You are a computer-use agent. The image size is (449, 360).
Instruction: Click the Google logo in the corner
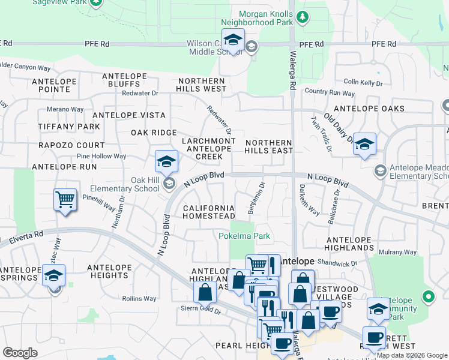tap(20, 353)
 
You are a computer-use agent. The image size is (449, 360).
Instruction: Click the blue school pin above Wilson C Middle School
tap(233, 40)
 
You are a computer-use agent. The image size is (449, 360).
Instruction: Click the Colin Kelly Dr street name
tap(363, 82)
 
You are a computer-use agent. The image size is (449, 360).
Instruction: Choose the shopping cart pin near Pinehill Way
tap(65, 200)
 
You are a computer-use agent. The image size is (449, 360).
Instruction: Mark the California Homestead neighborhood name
tap(209, 212)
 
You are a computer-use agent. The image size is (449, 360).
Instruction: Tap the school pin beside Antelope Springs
tap(54, 276)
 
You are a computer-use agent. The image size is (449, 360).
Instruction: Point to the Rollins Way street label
tap(139, 298)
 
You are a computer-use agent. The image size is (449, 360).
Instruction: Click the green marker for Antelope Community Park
tap(428, 296)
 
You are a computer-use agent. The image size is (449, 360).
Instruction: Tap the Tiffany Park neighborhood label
tap(61, 127)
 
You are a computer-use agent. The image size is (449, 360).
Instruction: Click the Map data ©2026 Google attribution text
tap(412, 355)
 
